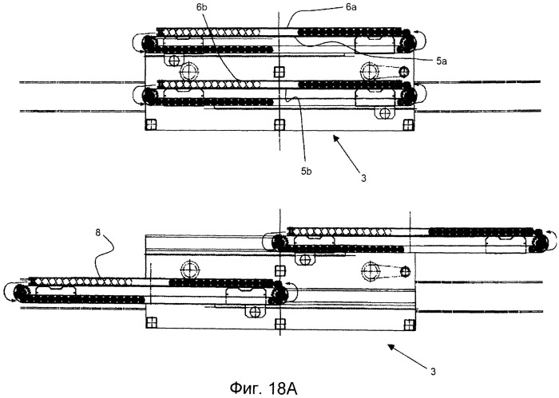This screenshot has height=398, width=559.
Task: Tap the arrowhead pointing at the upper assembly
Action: pyautogui.click(x=335, y=140)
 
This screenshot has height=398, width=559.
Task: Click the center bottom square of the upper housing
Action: pyautogui.click(x=278, y=124)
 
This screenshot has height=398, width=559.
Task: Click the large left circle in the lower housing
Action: pyautogui.click(x=188, y=267)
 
